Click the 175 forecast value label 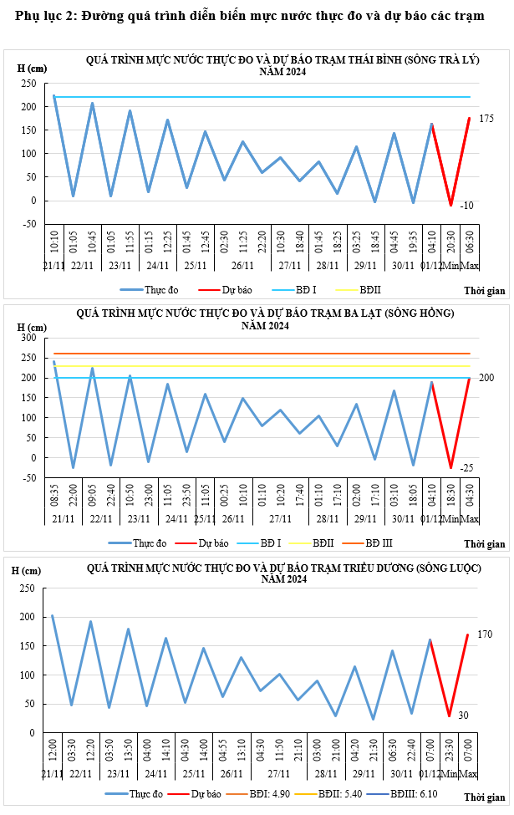(x=486, y=120)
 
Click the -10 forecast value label (x=466, y=206)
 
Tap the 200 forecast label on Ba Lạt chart (x=486, y=379)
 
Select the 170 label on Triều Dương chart (x=485, y=635)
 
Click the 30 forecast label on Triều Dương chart (x=463, y=716)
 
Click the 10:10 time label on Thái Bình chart (x=54, y=242)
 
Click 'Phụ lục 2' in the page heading (x=38, y=17)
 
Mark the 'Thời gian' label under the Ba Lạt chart (x=485, y=544)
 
